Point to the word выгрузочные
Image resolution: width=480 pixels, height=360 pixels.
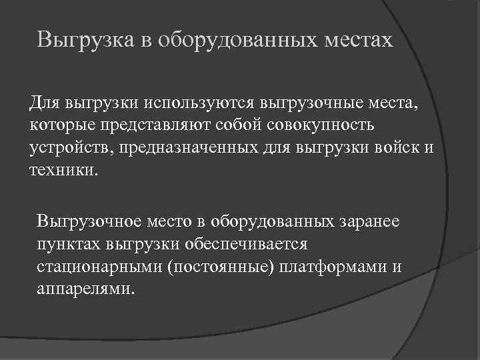tap(309, 103)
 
